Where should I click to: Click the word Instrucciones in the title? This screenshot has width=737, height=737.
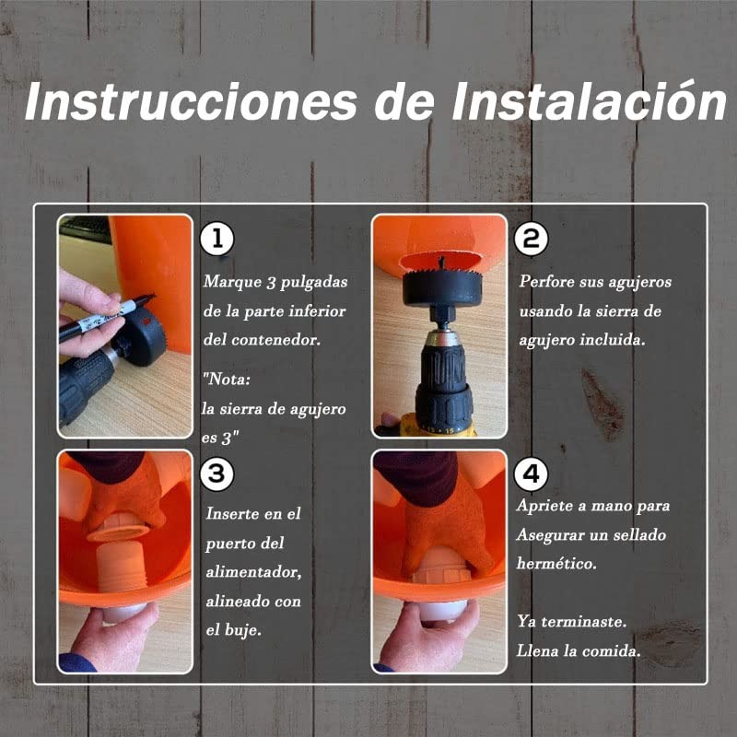[191, 102]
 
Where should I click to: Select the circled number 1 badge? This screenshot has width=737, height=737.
[217, 239]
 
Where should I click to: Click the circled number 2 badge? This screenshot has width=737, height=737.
[532, 239]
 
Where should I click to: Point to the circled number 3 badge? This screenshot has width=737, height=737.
[217, 474]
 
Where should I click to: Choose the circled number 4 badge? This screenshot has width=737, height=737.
[532, 474]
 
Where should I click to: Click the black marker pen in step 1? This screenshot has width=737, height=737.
[106, 317]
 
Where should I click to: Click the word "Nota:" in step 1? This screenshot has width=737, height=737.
[226, 379]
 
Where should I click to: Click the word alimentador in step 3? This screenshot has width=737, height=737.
[253, 572]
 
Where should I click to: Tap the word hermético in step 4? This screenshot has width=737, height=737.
[556, 563]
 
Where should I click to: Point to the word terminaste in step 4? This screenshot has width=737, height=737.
[584, 622]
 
